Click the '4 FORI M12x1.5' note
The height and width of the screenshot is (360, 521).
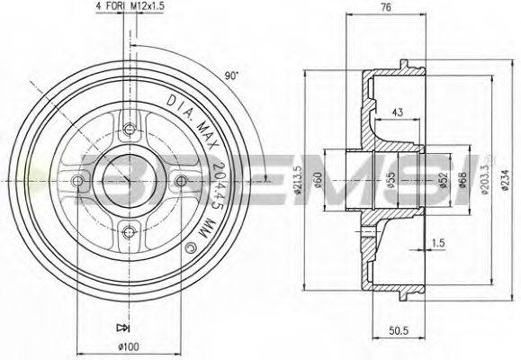[x=130, y=8]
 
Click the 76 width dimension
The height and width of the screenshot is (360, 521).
[x=360, y=8]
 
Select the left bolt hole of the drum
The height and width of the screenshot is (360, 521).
[x=78, y=183]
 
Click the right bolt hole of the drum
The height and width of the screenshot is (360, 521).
[x=181, y=183]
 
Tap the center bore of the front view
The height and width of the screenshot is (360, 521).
[x=130, y=183]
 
